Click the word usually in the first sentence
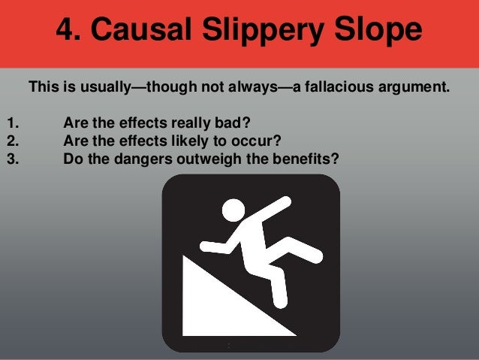(101, 86)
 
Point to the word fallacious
(332, 86)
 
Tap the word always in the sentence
(248, 86)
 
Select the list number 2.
(11, 141)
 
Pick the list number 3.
(11, 158)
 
